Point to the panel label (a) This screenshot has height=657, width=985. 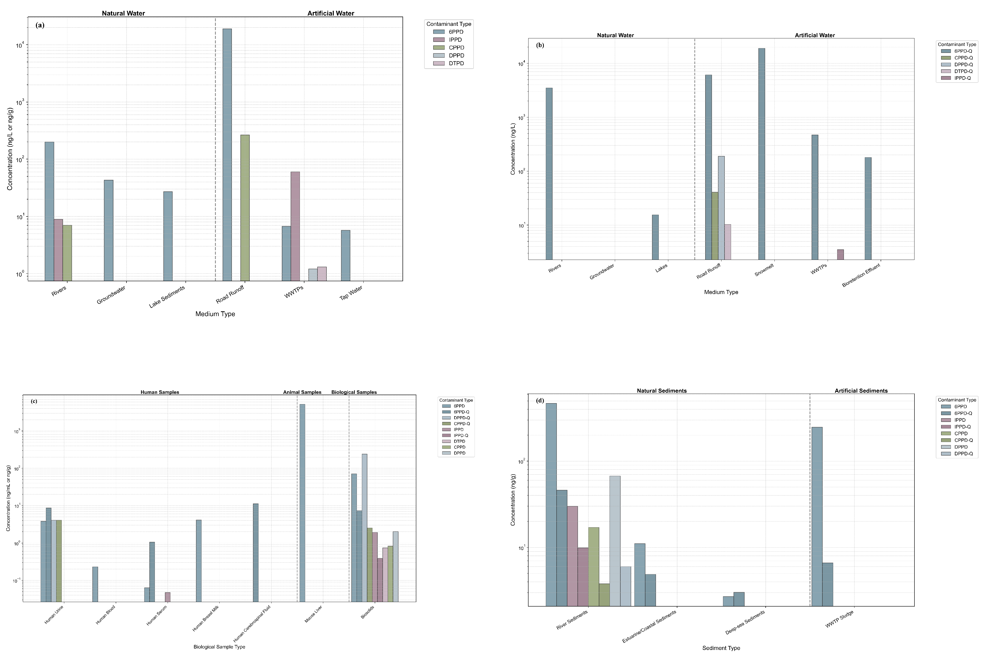40,25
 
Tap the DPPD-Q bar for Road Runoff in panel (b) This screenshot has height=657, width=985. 721,208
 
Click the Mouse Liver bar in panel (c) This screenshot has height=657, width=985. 302,503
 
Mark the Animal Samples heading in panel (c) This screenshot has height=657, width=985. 302,392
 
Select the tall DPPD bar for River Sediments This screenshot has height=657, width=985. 615,541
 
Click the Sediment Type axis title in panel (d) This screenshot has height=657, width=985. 721,648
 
